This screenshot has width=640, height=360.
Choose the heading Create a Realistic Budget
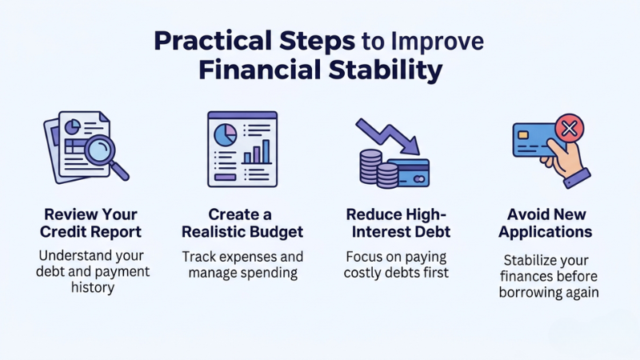[x=240, y=223]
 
